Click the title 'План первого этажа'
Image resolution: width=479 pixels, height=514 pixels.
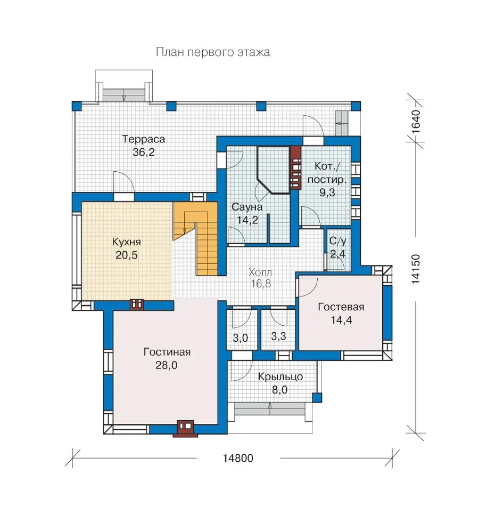tap(213, 52)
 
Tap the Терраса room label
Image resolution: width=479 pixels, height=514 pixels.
tap(143, 139)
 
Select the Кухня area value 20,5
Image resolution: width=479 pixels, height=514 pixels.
tap(126, 255)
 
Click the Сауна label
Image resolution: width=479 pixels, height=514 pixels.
tap(247, 207)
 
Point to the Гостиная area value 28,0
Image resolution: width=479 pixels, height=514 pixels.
tap(166, 365)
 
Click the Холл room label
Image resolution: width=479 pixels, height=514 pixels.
tap(260, 272)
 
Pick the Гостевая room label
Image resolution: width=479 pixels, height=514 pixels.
tap(341, 307)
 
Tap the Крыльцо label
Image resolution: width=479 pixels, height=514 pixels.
tap(280, 377)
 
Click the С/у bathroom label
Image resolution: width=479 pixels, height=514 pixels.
tap(337, 241)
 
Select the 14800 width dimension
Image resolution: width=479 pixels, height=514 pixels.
tap(238, 458)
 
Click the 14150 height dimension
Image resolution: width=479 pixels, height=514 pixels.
tap(415, 269)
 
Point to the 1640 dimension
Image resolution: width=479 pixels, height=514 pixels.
tap(415, 121)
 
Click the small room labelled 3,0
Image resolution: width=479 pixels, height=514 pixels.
tap(240, 338)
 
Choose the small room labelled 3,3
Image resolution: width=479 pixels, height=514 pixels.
tap(278, 336)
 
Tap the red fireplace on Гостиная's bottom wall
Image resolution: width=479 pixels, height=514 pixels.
tap(185, 429)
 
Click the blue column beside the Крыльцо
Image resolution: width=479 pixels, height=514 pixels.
tap(317, 398)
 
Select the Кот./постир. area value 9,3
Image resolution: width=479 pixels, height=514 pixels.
tap(327, 192)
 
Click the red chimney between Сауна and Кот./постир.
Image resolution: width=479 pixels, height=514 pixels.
tap(295, 167)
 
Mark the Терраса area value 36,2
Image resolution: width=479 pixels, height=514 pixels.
tap(143, 152)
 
